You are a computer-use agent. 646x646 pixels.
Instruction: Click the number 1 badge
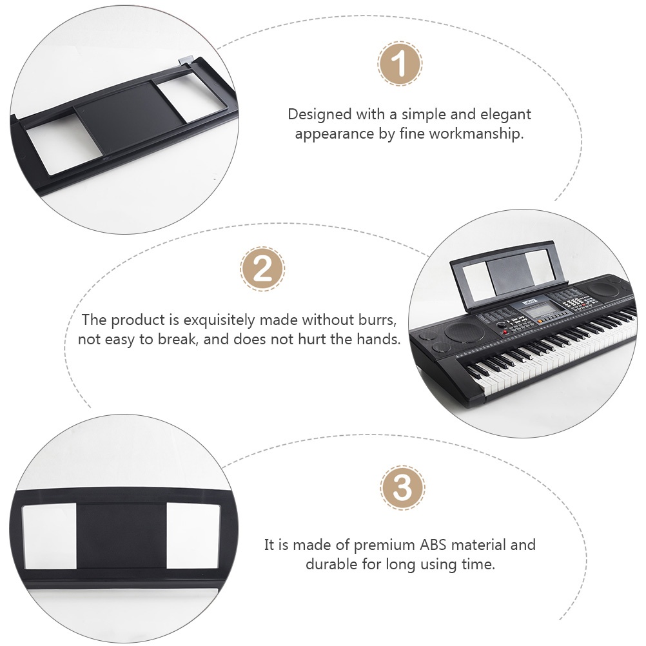click(x=400, y=64)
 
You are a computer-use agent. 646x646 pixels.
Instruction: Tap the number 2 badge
click(x=262, y=269)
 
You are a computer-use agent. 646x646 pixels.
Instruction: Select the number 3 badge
click(x=402, y=488)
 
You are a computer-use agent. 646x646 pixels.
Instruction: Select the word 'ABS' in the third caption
click(x=433, y=545)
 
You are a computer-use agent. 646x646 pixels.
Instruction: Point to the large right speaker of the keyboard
click(x=604, y=290)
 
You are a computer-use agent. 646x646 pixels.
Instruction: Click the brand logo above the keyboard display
click(x=530, y=303)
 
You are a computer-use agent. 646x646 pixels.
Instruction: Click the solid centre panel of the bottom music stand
click(x=121, y=535)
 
